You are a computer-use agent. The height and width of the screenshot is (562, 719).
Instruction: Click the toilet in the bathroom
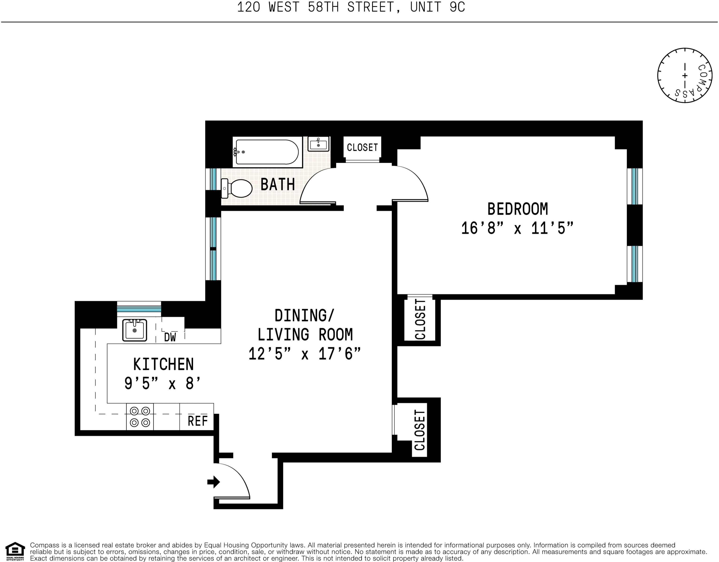pyautogui.click(x=238, y=188)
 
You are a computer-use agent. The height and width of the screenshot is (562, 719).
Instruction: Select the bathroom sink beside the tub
pyautogui.click(x=318, y=144)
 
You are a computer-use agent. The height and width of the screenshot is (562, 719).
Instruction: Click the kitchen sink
pyautogui.click(x=134, y=330)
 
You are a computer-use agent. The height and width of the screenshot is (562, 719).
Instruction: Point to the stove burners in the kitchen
pyautogui.click(x=140, y=417)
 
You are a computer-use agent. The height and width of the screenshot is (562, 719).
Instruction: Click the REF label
pyautogui.click(x=198, y=421)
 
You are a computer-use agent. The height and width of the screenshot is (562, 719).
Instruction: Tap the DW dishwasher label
pyautogui.click(x=170, y=337)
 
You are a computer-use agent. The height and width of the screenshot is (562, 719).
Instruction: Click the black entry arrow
pyautogui.click(x=214, y=482)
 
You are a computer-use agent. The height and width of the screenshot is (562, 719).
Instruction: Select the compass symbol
pyautogui.click(x=685, y=75)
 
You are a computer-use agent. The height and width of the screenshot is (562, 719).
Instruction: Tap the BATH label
pyautogui.click(x=278, y=184)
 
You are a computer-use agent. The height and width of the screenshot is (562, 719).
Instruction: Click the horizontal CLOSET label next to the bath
pyautogui.click(x=362, y=147)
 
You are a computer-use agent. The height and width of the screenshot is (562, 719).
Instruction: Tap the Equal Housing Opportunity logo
pyautogui.click(x=15, y=551)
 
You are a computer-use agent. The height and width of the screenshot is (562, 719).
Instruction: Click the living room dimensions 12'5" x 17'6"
pyautogui.click(x=304, y=354)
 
